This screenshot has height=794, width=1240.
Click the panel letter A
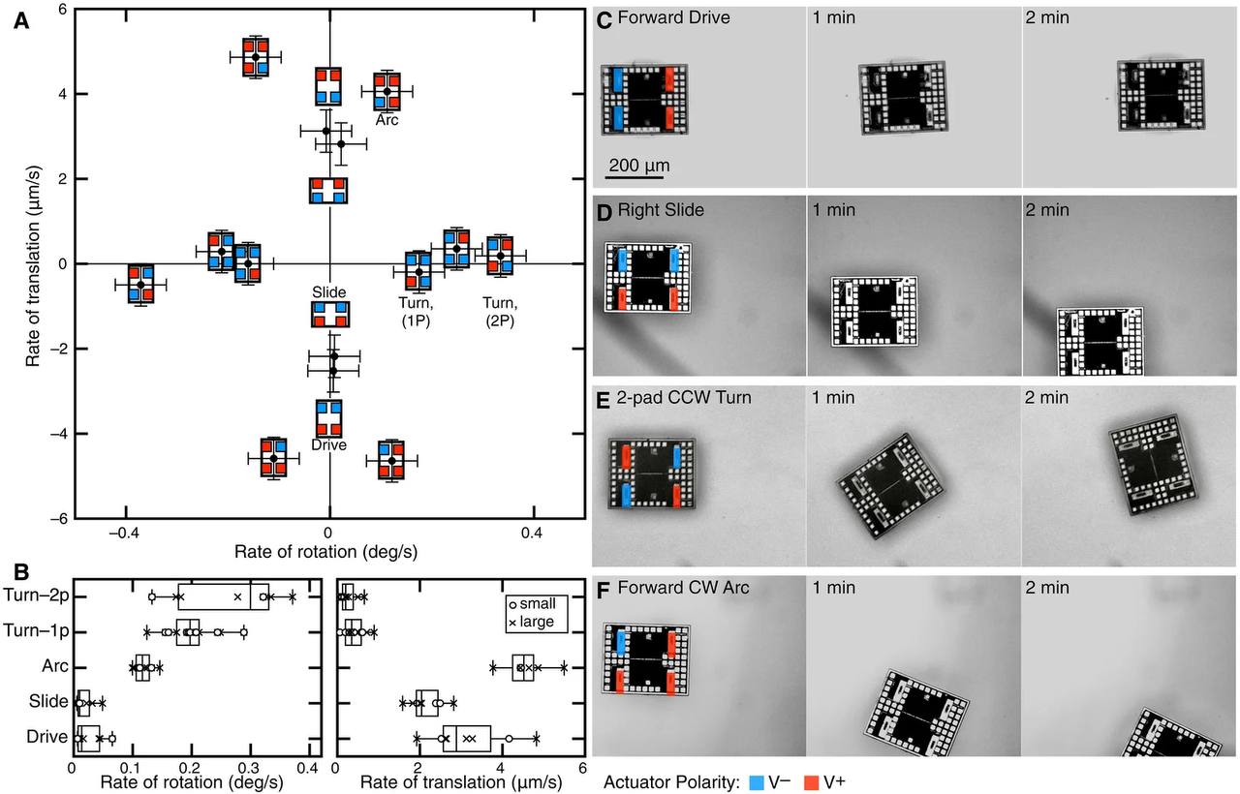[x=19, y=25]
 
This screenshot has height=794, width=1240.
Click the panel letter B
[x=18, y=574]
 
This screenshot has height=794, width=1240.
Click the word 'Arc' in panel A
[x=387, y=121]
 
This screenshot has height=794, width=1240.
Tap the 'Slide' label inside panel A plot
[x=329, y=291]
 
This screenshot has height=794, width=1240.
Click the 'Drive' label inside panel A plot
[x=329, y=444]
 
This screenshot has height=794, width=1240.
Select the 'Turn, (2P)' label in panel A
[x=500, y=311]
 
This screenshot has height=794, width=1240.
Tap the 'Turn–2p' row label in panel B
[x=36, y=595]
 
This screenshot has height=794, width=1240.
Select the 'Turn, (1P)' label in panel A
[x=416, y=311]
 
